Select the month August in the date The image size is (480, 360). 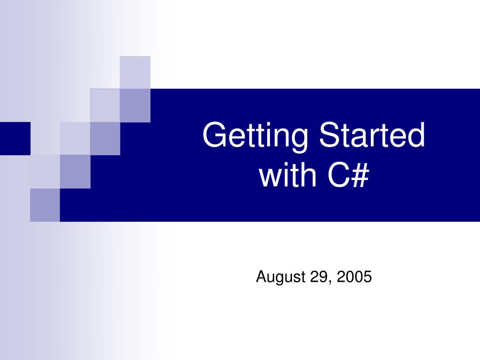(280, 277)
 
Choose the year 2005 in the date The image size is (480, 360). (354, 277)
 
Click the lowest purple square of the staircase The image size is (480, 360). (45, 205)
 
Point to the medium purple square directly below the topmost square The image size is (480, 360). (135, 105)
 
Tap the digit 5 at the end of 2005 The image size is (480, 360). (367, 277)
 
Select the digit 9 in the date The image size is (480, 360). (325, 277)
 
